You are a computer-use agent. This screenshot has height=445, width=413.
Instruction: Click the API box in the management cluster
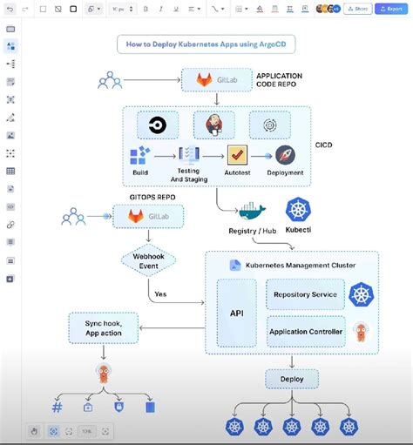click(x=236, y=312)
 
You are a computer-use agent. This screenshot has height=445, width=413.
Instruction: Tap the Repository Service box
click(x=304, y=294)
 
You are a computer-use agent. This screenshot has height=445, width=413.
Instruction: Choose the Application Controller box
click(x=304, y=331)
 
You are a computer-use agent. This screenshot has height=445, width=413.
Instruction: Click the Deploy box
click(x=292, y=380)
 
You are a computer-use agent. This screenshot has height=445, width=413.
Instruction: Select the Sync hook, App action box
click(x=103, y=327)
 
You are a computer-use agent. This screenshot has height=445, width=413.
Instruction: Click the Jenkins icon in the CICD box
click(x=213, y=125)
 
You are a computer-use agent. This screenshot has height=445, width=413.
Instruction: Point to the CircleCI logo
click(x=158, y=125)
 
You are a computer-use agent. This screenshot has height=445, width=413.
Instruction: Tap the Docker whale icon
click(x=254, y=211)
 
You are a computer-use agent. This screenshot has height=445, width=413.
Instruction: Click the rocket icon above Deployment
click(x=285, y=155)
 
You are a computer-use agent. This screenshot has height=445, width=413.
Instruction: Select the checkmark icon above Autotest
click(x=238, y=155)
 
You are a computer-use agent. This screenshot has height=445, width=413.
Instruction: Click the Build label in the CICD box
click(x=140, y=172)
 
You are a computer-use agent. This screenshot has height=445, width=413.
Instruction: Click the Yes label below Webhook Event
click(x=160, y=294)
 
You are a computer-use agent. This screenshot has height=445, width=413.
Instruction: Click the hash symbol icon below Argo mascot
click(x=57, y=407)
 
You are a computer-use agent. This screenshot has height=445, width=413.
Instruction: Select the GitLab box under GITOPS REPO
click(x=148, y=216)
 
